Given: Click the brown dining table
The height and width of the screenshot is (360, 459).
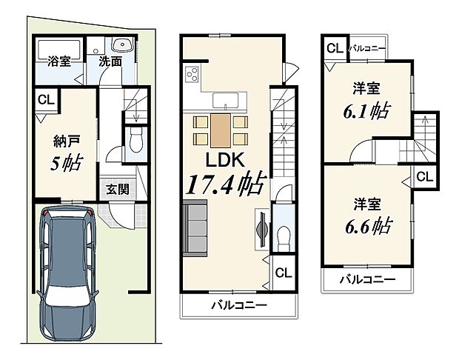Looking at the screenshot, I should tap(221, 131).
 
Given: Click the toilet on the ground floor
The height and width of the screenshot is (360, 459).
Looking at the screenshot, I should tap(135, 141).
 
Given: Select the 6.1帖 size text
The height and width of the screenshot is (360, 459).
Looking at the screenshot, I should tap(366, 111).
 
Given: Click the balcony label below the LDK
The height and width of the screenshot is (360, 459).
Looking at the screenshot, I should tap(237, 305).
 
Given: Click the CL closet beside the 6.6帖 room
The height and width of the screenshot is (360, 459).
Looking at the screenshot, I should tap(424, 176).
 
